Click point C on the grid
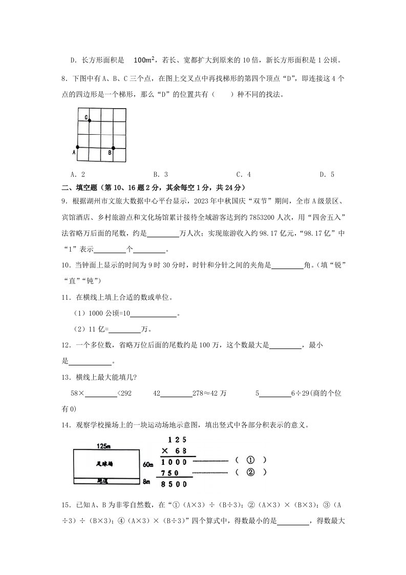click(x=90, y=120)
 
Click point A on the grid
click(x=77, y=148)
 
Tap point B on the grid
click(x=113, y=148)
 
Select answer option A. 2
click(x=79, y=175)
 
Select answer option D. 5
click(x=327, y=175)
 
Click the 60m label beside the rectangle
click(x=148, y=465)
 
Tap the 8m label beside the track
click(x=146, y=482)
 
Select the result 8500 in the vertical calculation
click(x=174, y=484)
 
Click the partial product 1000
click(x=174, y=461)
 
